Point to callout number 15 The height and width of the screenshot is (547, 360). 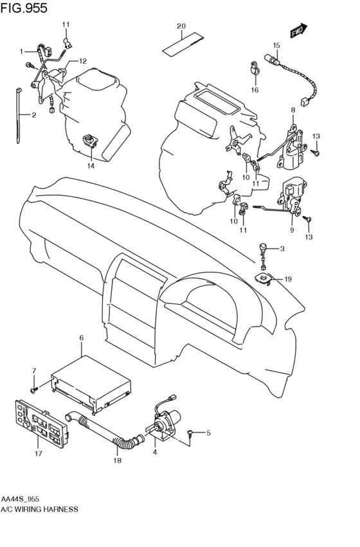(x=276, y=45)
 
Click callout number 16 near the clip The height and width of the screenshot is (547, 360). (x=255, y=91)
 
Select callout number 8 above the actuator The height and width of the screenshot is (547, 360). (x=292, y=111)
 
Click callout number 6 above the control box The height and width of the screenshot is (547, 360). (x=82, y=337)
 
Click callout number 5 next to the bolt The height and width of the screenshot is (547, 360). (x=208, y=433)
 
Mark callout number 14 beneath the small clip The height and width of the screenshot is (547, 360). (x=91, y=165)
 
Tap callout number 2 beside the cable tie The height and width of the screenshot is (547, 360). (x=34, y=115)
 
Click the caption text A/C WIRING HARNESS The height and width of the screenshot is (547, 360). (x=39, y=508)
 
